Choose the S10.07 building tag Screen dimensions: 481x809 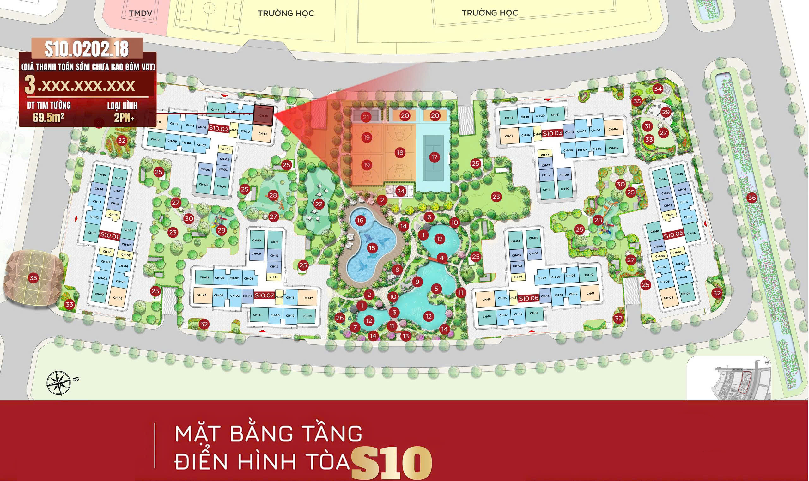264,295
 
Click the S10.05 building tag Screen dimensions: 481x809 673,235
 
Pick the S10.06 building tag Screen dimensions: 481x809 528,299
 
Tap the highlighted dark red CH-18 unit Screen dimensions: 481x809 264,115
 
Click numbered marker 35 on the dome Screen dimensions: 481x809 33,278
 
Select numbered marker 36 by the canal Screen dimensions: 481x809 751,198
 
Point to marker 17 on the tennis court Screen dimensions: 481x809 434,157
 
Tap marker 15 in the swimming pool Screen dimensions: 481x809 372,248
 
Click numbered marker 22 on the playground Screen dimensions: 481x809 319,204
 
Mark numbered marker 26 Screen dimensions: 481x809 340,318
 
